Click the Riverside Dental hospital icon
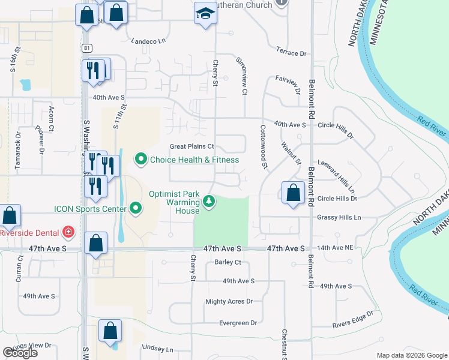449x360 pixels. (69, 232)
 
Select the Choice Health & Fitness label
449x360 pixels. (194, 160)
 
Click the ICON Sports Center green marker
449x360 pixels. (136, 209)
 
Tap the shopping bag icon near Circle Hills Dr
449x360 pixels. (293, 193)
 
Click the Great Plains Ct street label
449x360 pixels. (192, 146)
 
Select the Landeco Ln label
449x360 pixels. (148, 41)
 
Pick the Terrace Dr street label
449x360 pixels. (292, 53)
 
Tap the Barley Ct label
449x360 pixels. (228, 262)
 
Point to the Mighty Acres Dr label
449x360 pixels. (229, 302)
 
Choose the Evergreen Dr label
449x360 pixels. (237, 323)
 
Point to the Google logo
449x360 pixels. (20, 352)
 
